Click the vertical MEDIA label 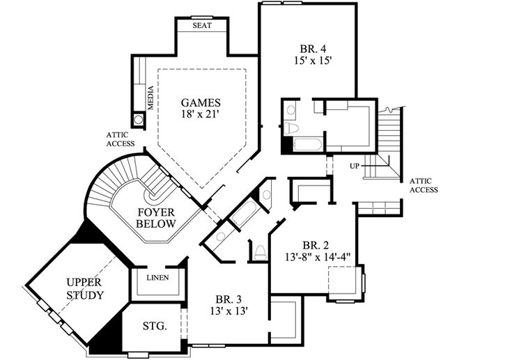(150, 97)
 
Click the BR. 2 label (316, 244)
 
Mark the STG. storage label (154, 325)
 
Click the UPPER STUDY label (85, 288)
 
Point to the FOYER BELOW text (156, 217)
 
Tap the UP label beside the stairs (355, 166)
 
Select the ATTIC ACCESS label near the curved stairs (120, 139)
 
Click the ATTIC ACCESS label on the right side (424, 184)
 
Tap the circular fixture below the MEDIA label (139, 119)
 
